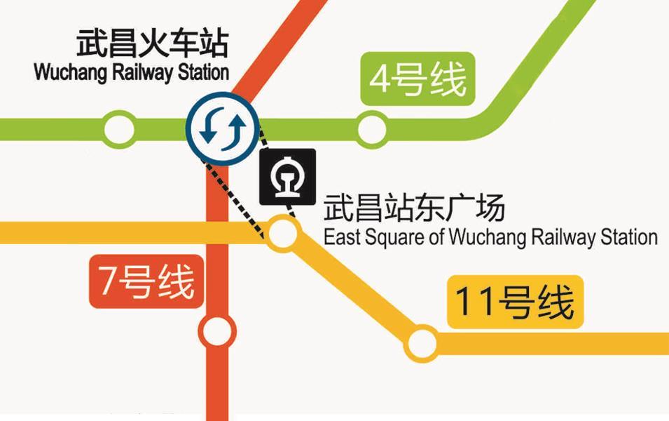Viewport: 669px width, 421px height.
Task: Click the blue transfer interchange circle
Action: tap(222, 128)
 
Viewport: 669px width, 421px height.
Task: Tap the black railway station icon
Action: tap(287, 176)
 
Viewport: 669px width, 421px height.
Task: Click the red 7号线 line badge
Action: tap(146, 282)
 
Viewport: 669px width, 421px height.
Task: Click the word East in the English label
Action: tap(340, 237)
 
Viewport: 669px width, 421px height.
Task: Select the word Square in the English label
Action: tap(393, 238)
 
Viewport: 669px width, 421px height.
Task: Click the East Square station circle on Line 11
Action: tap(283, 233)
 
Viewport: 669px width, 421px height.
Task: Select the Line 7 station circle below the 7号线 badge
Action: tap(216, 331)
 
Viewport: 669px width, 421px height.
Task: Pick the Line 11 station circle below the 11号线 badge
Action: tap(420, 343)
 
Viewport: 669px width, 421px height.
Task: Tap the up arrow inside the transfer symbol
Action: tap(235, 127)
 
